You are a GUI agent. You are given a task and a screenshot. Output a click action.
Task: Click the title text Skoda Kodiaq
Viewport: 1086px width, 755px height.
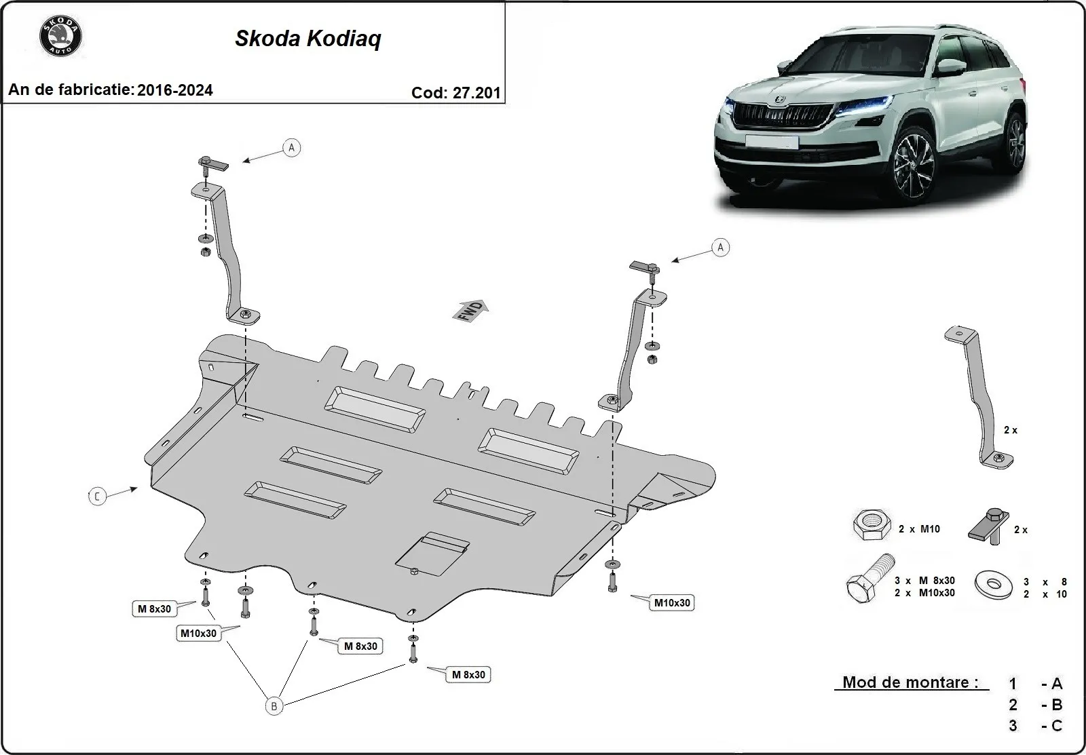click(308, 39)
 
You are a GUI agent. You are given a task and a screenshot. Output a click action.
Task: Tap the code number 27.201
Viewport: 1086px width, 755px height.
click(476, 93)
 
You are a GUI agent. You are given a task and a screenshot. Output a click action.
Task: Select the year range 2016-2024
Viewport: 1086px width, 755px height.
click(175, 90)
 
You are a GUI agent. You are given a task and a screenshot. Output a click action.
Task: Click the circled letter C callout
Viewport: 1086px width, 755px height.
click(98, 497)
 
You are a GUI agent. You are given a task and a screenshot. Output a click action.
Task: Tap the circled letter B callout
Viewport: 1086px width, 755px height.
click(274, 706)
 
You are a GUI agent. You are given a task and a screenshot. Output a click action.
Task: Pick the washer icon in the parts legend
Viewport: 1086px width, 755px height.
click(992, 585)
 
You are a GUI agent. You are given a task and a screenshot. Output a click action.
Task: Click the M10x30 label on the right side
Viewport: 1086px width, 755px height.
click(672, 602)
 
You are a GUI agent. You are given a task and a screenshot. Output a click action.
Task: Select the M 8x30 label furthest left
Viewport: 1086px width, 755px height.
click(154, 609)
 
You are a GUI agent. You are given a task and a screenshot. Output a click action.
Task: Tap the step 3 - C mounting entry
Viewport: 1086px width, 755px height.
click(1036, 726)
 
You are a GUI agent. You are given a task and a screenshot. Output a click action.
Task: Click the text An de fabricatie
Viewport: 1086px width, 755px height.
click(71, 90)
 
